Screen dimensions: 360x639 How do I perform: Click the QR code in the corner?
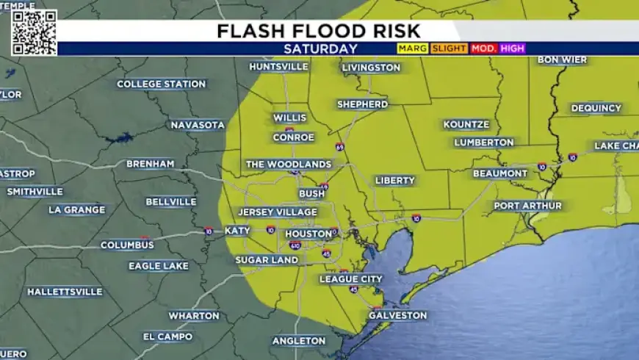tap(34, 32)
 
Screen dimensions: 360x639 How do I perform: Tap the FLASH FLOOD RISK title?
tap(319, 31)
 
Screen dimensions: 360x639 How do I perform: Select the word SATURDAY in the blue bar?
tap(320, 49)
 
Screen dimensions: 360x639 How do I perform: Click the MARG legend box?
tap(412, 48)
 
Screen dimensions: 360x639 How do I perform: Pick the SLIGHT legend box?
tap(448, 48)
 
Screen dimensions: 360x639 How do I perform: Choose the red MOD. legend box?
tap(484, 48)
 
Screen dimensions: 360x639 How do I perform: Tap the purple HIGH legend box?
tap(513, 48)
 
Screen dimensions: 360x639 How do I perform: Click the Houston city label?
tap(303, 234)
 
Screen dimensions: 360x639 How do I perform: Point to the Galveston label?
tap(397, 315)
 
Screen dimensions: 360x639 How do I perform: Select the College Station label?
tap(161, 84)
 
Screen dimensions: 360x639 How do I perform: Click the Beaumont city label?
tap(499, 173)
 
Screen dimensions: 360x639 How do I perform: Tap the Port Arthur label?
tap(527, 206)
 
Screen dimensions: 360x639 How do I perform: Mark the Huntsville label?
tap(278, 67)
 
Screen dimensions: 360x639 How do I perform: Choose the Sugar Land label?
tap(267, 260)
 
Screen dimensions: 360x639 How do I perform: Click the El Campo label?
tap(167, 337)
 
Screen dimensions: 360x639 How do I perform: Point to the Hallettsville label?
tap(65, 292)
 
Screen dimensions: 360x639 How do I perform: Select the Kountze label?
tap(466, 125)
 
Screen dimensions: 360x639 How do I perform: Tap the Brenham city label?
tap(150, 164)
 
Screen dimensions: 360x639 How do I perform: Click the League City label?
tap(350, 279)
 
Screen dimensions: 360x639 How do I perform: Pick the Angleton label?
tap(299, 341)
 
